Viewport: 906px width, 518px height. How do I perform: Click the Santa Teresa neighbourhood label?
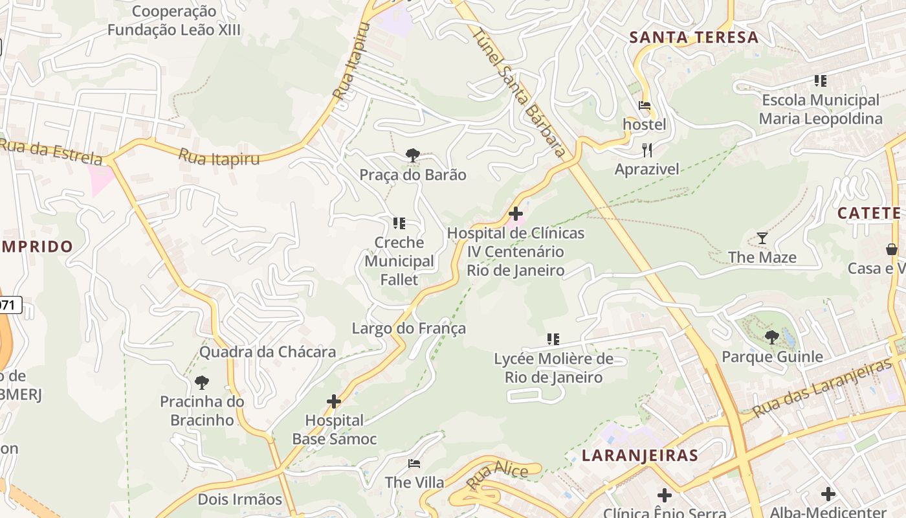point(694,38)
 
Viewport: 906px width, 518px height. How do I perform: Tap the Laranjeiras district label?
point(639,455)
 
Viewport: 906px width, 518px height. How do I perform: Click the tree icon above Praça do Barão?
point(412,155)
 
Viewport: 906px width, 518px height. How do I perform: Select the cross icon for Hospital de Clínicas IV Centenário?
point(516,213)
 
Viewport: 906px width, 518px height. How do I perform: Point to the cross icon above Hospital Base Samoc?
point(334,401)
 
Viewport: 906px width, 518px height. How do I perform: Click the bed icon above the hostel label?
point(645,105)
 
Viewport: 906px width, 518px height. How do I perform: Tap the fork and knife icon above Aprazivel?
point(647,150)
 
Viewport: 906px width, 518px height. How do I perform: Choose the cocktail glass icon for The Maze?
point(762,238)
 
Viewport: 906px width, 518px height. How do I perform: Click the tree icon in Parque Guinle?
point(771,337)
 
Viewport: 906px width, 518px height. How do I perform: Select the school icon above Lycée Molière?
point(553,339)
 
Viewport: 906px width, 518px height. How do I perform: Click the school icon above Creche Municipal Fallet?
point(399,223)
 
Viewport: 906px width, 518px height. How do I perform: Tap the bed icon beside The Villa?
point(414,464)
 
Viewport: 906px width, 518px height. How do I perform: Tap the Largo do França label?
point(408,328)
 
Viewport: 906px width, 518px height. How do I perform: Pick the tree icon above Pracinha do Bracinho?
point(202,382)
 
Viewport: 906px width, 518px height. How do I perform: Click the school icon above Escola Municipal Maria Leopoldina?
point(821,81)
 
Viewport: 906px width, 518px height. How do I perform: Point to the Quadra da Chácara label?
point(267,352)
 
